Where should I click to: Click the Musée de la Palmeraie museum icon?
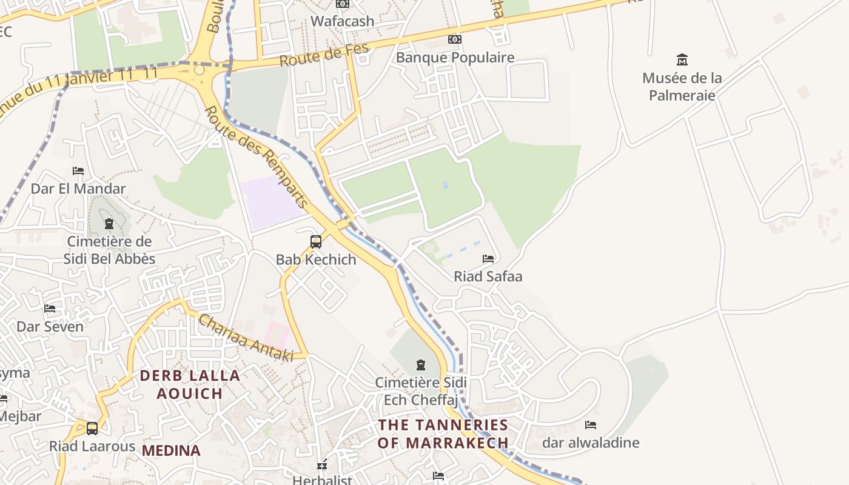682,59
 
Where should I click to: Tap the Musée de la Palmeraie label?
682,87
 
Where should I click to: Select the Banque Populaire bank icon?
454,39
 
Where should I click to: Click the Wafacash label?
343,21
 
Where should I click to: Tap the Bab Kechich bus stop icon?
316,242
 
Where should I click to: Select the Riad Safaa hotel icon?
488,259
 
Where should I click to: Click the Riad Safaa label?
488,276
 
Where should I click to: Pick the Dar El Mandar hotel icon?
78,171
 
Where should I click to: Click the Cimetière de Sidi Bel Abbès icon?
109,224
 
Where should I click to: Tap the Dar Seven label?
50,327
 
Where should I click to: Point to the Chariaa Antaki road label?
246,338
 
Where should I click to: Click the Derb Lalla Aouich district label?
190,384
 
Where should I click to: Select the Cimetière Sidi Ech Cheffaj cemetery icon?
421,365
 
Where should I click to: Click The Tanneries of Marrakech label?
443,433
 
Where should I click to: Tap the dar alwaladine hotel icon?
591,425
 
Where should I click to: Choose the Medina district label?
171,450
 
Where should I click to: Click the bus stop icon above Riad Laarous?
92,429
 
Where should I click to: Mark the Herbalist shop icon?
323,465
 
